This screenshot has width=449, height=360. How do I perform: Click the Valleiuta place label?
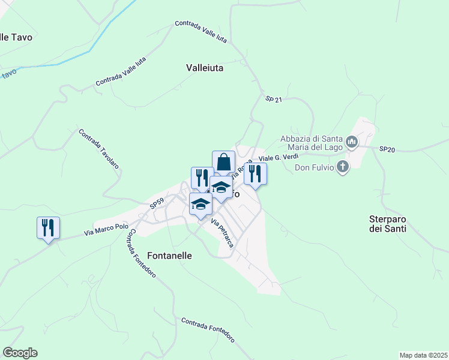(205, 68)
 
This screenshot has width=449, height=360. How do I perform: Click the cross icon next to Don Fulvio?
(342, 167)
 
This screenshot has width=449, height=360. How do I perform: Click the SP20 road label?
(387, 149)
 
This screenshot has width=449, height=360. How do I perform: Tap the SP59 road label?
(157, 205)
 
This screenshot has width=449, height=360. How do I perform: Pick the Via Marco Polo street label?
(106, 230)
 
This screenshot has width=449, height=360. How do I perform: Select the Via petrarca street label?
(221, 233)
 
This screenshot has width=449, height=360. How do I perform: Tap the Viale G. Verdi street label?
(278, 157)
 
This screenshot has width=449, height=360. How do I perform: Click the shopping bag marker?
(223, 162)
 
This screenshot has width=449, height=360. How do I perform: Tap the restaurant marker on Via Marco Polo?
(48, 228)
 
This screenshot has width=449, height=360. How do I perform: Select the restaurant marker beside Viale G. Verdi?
(255, 174)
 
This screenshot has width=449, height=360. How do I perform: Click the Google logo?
(20, 353)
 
